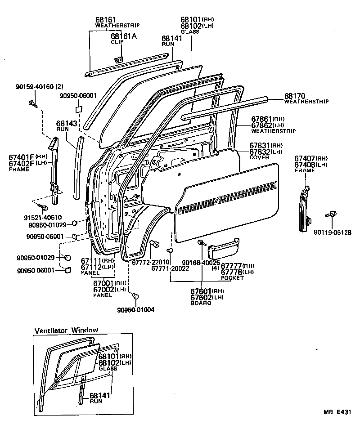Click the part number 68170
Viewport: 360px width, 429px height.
coord(295,96)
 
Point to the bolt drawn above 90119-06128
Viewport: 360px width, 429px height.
coord(333,215)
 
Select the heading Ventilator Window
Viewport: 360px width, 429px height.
coord(66,330)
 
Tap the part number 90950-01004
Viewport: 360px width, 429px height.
coord(135,310)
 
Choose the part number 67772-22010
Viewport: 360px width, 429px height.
coord(150,262)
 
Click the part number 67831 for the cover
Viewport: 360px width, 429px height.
coord(260,146)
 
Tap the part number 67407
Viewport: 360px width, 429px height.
coord(305,158)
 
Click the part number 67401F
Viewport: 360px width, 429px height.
coord(21,156)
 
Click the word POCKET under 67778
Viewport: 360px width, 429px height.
coord(233,278)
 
